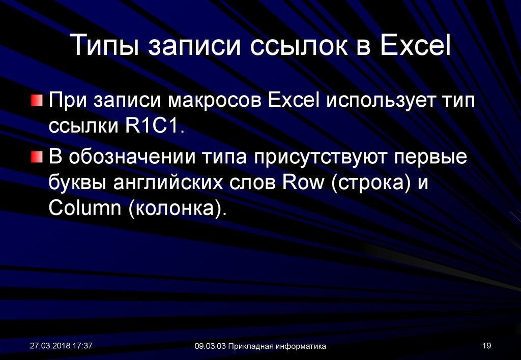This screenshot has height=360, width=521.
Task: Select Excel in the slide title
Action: coord(415,44)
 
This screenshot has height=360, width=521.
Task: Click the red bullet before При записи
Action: coord(37,100)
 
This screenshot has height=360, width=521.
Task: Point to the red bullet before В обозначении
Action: coord(37,157)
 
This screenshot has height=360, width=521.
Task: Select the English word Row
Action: coord(303,183)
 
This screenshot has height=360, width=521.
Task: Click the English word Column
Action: coord(85,208)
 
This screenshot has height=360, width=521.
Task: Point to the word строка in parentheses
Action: coord(371,184)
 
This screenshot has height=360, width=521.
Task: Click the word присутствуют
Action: coord(321,158)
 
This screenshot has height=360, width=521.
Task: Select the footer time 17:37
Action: coord(82,346)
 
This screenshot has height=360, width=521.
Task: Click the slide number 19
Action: coord(486,346)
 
